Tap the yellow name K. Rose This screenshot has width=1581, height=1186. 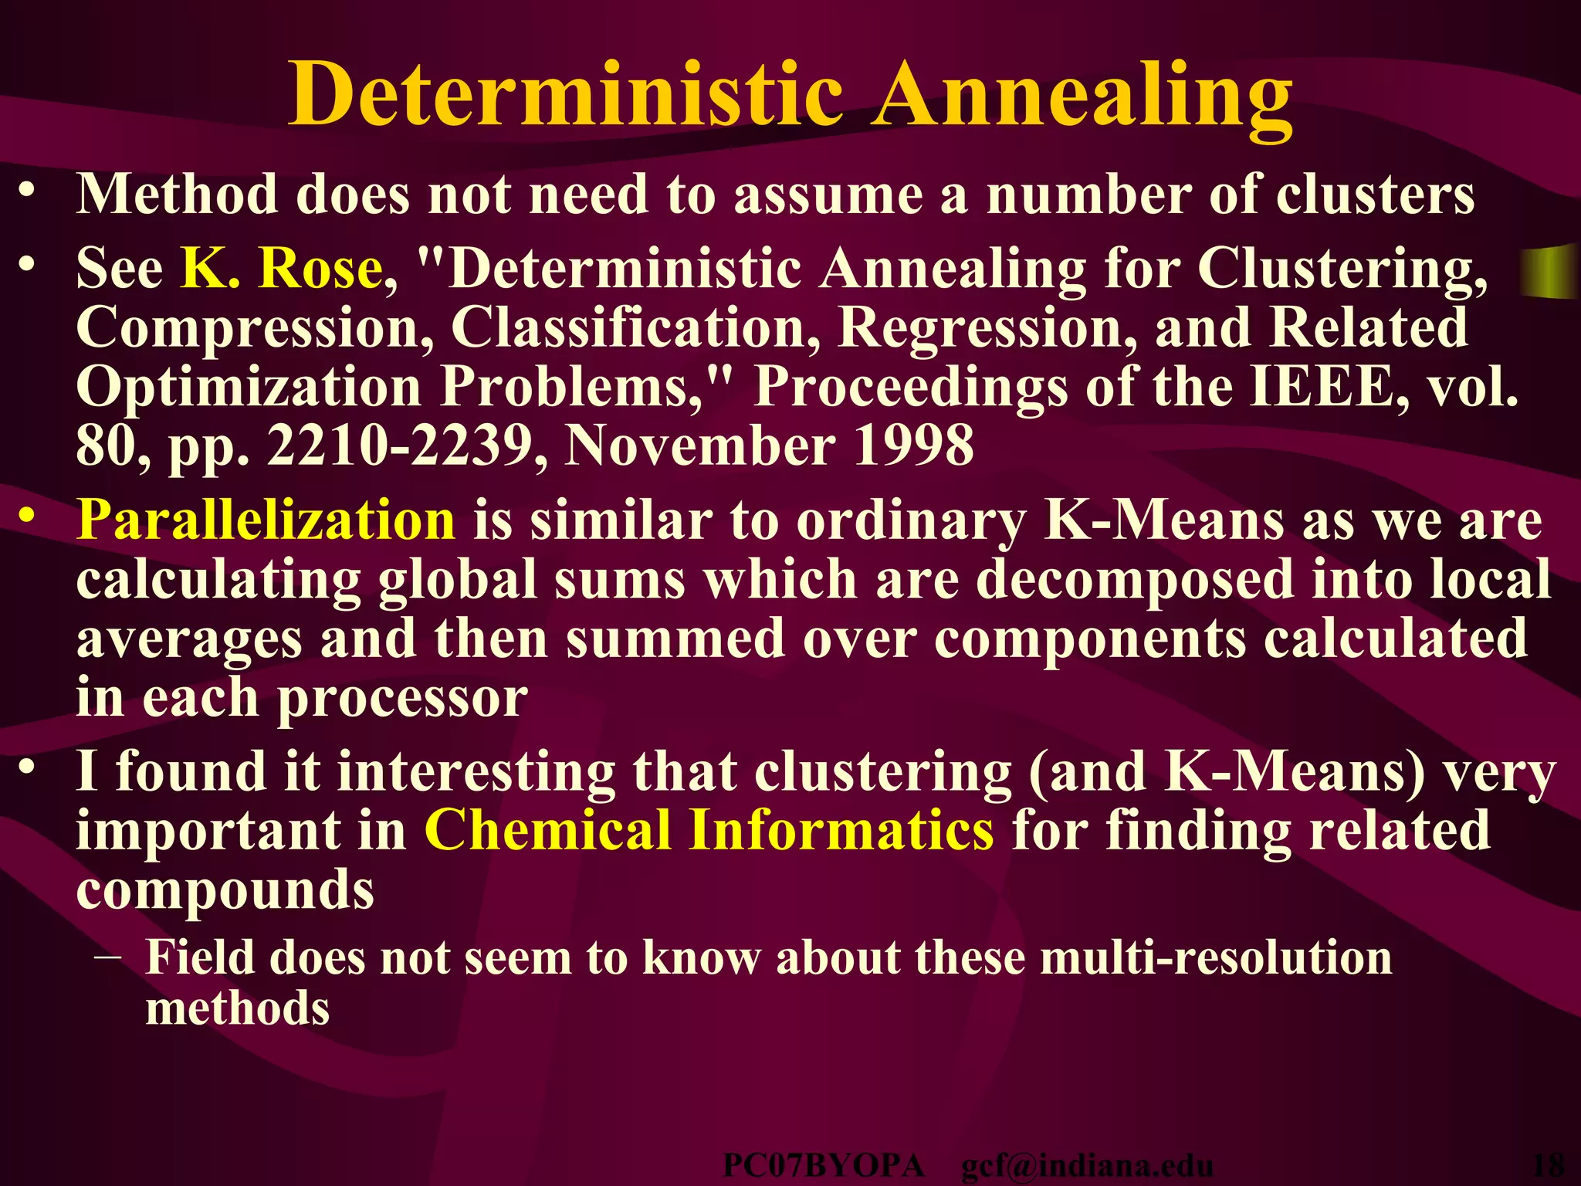(282, 268)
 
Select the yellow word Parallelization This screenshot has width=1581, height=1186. (266, 519)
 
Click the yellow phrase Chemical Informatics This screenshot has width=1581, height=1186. (709, 830)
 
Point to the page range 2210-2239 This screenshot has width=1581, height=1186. (408, 446)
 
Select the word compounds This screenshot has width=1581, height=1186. (225, 889)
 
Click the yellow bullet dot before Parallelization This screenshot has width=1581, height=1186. (27, 517)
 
